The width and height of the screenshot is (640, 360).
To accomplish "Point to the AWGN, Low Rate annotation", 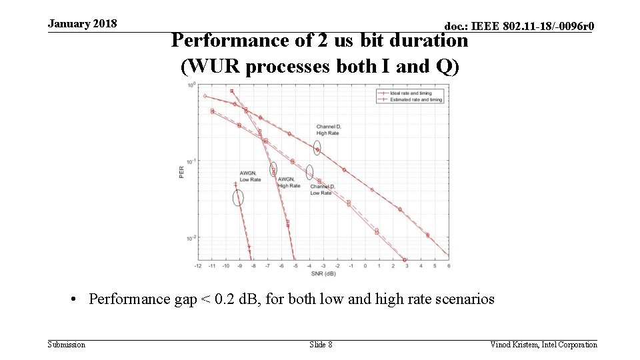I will pyautogui.click(x=250, y=176).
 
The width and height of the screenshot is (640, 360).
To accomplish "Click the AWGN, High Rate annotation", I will pyautogui.click(x=289, y=182).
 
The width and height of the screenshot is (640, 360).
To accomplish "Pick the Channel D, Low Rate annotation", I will pyautogui.click(x=322, y=189).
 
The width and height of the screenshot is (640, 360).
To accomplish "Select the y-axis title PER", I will pyautogui.click(x=181, y=172).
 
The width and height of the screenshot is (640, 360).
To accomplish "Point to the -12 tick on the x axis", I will pyautogui.click(x=198, y=266).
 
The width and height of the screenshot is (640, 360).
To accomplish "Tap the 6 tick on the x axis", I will pyautogui.click(x=449, y=266).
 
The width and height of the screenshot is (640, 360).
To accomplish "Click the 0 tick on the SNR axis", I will pyautogui.click(x=365, y=266).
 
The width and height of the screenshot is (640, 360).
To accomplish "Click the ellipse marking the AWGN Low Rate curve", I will pyautogui.click(x=238, y=197).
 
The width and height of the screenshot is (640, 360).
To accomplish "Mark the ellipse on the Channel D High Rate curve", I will pyautogui.click(x=317, y=147).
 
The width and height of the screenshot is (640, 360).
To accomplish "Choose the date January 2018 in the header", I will pyautogui.click(x=82, y=24).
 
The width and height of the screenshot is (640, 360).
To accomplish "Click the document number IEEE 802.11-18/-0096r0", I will pyautogui.click(x=519, y=26).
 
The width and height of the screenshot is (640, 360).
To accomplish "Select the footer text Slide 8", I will pyautogui.click(x=321, y=344).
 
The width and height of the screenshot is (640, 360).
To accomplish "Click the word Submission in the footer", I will pyautogui.click(x=67, y=344).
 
